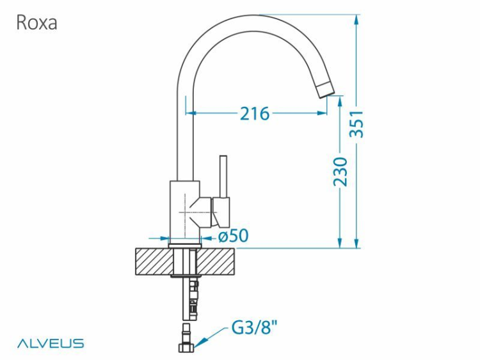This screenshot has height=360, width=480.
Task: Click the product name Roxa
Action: click(36, 23)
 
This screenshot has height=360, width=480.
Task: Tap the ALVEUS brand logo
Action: click(50, 343)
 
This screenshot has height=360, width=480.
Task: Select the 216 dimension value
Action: click(255, 114)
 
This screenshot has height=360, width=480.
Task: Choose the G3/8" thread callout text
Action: click(254, 330)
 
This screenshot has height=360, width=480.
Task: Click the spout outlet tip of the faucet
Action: click(326, 89)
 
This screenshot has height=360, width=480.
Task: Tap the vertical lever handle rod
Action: click(223, 176)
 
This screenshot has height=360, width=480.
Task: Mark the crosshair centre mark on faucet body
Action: click(186, 210)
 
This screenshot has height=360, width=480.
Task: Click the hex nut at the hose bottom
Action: click(186, 348)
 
